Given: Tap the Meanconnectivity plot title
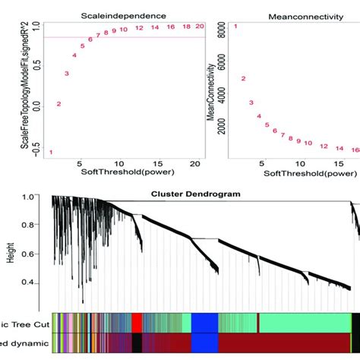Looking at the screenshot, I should (295, 14).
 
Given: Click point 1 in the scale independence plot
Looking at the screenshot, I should (51, 153).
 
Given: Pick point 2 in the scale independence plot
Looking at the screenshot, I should (58, 104).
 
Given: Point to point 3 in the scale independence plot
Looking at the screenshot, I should (67, 74).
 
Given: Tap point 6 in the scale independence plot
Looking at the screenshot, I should (90, 39).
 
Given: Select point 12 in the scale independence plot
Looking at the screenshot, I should (139, 28).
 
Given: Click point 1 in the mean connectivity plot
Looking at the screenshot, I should (235, 27).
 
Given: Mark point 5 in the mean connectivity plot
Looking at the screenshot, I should (267, 124).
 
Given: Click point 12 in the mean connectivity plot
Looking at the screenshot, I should (324, 146).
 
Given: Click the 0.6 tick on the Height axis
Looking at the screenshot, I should (39, 254).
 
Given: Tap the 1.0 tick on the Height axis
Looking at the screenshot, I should (39, 197).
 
